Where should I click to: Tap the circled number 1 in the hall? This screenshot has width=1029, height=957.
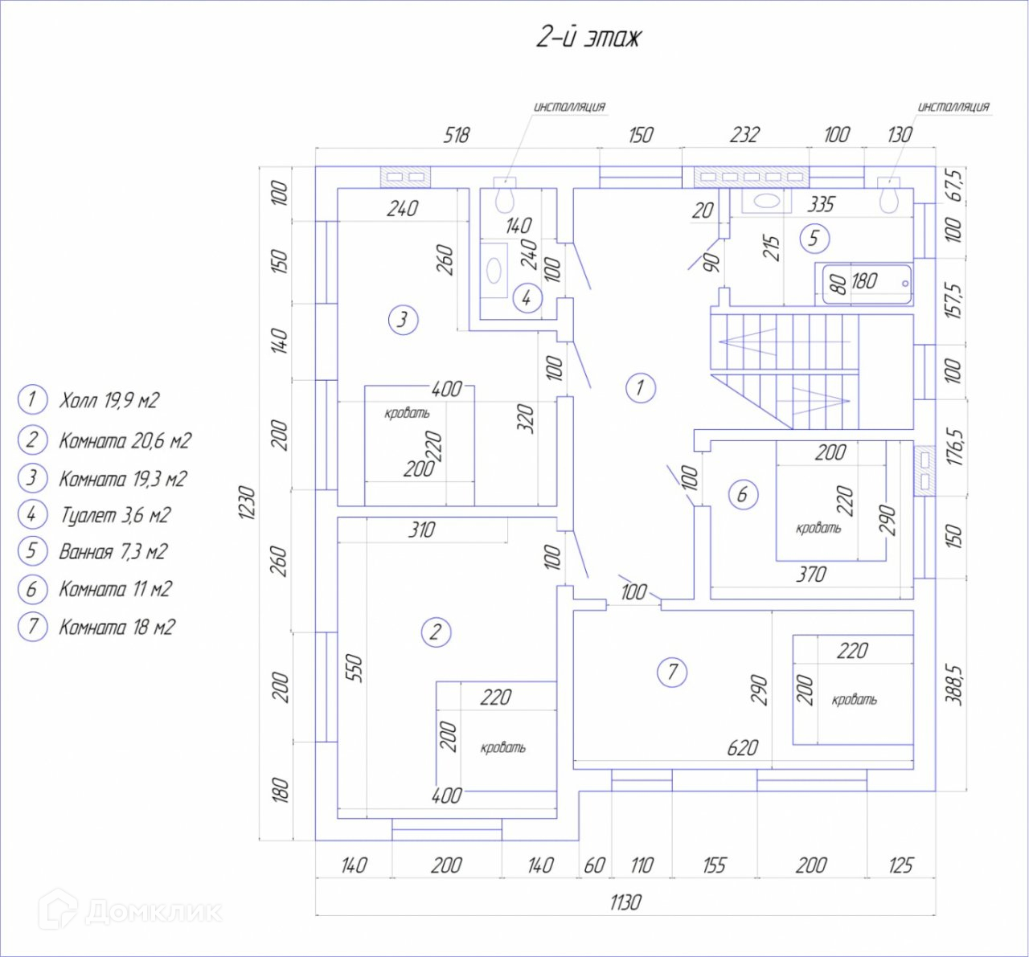click(x=640, y=388)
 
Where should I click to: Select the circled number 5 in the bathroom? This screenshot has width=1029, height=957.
click(x=814, y=238)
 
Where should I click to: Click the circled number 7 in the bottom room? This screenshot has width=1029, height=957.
click(x=673, y=671)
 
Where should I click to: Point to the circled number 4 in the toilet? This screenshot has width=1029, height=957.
click(x=527, y=298)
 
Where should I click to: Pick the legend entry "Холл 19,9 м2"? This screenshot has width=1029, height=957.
click(x=109, y=400)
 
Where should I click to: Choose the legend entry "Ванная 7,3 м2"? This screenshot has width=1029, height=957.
click(x=113, y=551)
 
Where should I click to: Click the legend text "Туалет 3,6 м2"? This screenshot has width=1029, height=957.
click(x=115, y=515)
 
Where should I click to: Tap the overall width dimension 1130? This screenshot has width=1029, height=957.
click(x=625, y=902)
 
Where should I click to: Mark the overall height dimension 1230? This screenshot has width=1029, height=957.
click(x=248, y=502)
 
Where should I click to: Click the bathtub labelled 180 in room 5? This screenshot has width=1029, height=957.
click(x=867, y=284)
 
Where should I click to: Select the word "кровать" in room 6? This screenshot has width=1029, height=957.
click(x=818, y=528)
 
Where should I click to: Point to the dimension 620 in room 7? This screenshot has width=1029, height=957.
click(x=742, y=748)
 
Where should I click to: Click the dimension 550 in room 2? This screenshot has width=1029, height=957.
click(x=355, y=669)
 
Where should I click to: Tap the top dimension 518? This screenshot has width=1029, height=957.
click(x=456, y=135)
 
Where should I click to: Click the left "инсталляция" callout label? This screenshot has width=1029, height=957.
click(x=569, y=106)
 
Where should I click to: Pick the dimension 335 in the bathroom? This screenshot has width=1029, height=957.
click(x=821, y=204)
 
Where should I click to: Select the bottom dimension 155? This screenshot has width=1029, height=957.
click(x=714, y=865)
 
